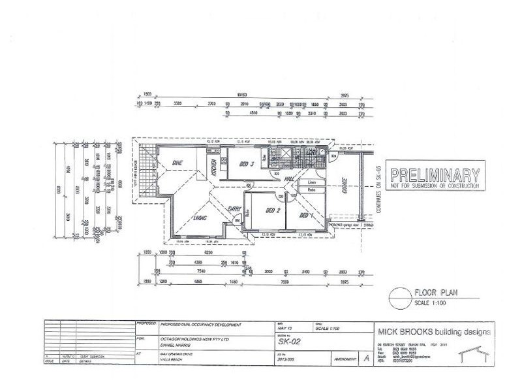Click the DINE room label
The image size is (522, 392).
click(177, 163)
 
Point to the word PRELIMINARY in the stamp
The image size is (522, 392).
click(435, 175)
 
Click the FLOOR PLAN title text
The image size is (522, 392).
click(435, 294)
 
